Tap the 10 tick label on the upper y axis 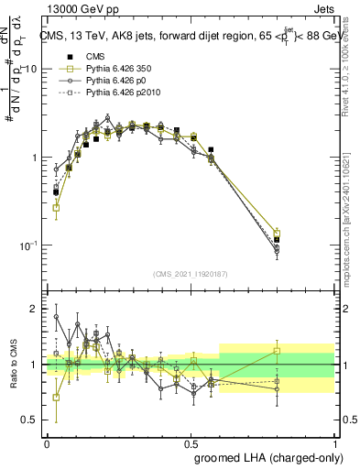click(x=30, y=70)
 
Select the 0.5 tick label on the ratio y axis click(x=31, y=420)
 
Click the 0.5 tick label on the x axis click(x=191, y=442)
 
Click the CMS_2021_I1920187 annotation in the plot click(x=191, y=273)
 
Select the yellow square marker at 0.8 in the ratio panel click(x=278, y=351)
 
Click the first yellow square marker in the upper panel click(x=56, y=208)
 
